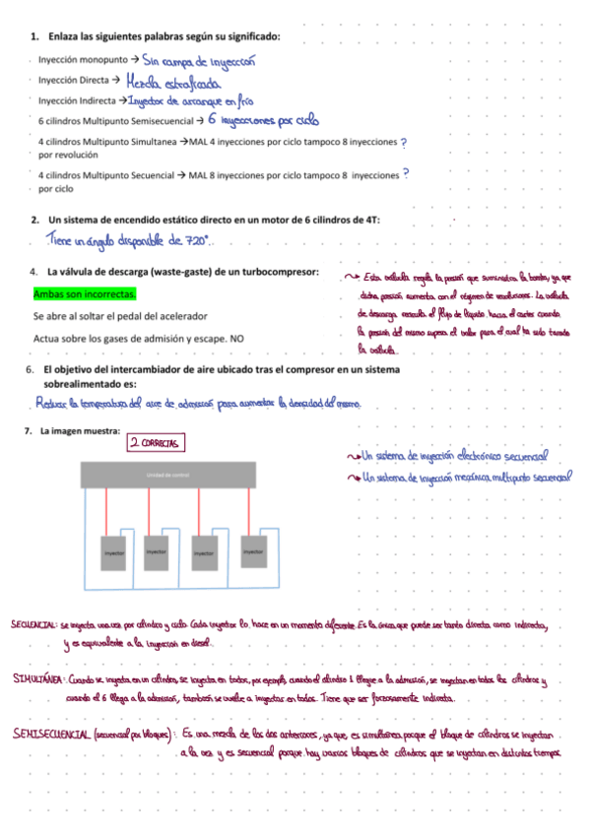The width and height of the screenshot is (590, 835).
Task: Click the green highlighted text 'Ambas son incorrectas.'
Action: [x=85, y=294]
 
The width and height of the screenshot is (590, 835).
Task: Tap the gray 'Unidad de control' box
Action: [x=166, y=476]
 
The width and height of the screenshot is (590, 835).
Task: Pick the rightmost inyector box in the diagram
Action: [x=252, y=552]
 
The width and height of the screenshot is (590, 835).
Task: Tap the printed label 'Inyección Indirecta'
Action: [x=77, y=101]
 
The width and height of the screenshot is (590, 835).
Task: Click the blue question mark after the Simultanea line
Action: [x=406, y=143]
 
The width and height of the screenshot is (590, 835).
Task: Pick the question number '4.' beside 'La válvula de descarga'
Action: [x=31, y=271]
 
